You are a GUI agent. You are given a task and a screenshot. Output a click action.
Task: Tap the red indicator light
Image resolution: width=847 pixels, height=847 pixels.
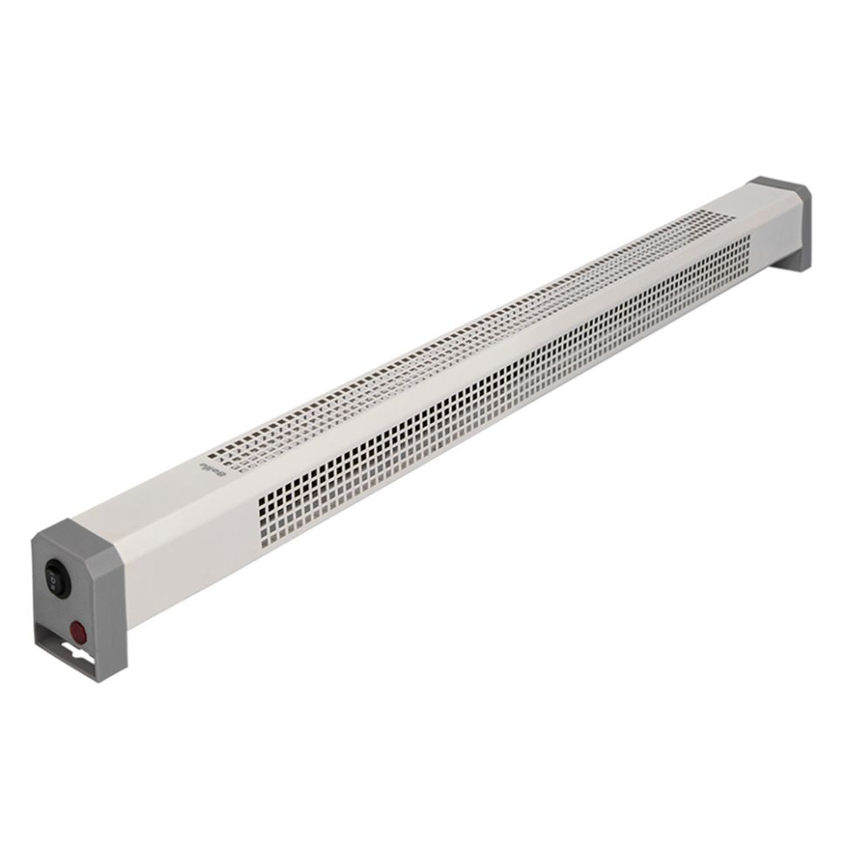coord(79,630)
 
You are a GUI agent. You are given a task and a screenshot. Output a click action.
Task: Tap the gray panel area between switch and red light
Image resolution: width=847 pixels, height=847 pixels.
coord(65,604)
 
